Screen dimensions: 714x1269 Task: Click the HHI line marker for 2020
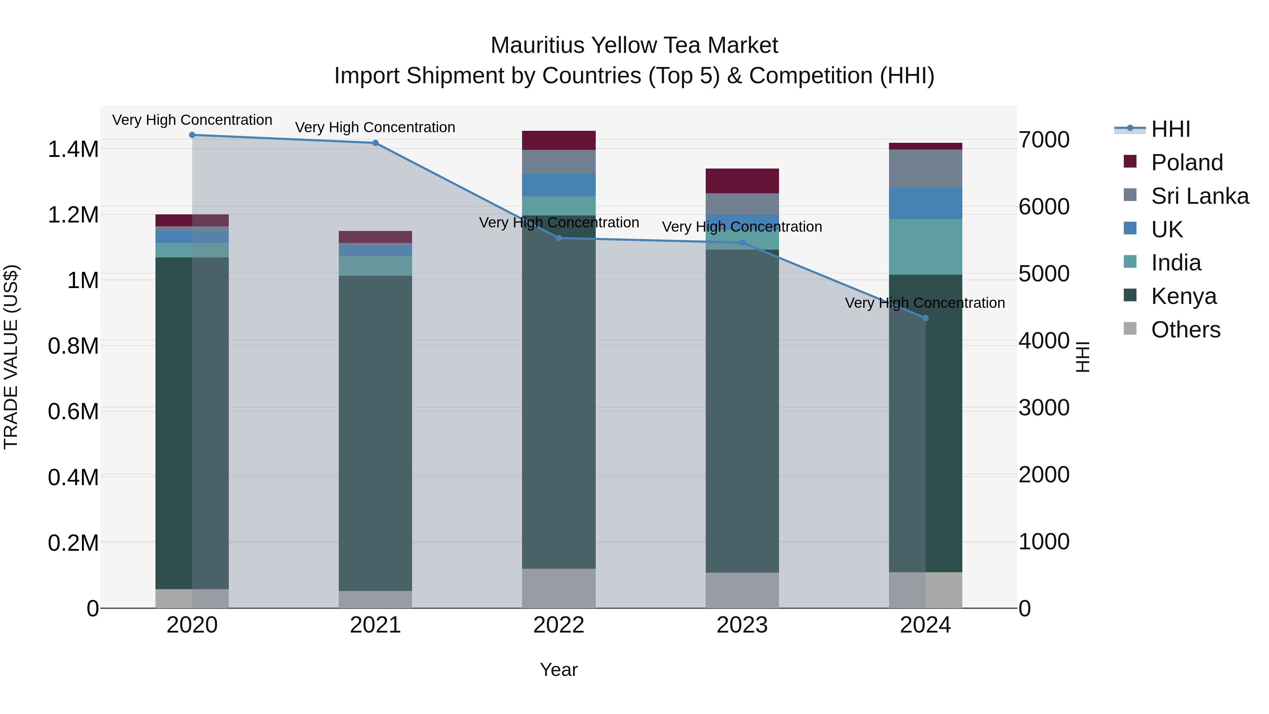pyautogui.click(x=192, y=135)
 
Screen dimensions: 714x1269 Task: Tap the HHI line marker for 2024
pyautogui.click(x=925, y=318)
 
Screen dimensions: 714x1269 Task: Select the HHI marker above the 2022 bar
pyautogui.click(x=559, y=238)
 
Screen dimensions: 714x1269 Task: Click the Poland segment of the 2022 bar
pyautogui.click(x=559, y=140)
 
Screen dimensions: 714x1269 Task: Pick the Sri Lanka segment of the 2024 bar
pyautogui.click(x=925, y=168)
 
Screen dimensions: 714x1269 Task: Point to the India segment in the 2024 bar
pyautogui.click(x=925, y=246)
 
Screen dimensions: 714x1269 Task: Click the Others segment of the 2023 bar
pyautogui.click(x=742, y=590)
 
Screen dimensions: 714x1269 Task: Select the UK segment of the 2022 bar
pyautogui.click(x=559, y=185)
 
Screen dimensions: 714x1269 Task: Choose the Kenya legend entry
pyautogui.click(x=1183, y=296)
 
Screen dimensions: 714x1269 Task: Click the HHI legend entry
pyautogui.click(x=1170, y=129)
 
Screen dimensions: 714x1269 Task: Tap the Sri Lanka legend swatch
pyautogui.click(x=1130, y=195)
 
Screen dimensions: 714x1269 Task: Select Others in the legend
pyautogui.click(x=1185, y=330)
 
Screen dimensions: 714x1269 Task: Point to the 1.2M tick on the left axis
pyautogui.click(x=73, y=215)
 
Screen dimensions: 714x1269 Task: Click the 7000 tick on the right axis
pyautogui.click(x=1044, y=140)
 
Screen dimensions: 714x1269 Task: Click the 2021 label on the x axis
pyautogui.click(x=375, y=625)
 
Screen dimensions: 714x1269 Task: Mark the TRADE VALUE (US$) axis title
pyautogui.click(x=11, y=357)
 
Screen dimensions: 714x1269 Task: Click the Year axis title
pyautogui.click(x=559, y=670)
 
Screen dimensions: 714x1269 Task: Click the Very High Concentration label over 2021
pyautogui.click(x=375, y=127)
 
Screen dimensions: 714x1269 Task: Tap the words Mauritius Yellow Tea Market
pyautogui.click(x=634, y=45)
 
